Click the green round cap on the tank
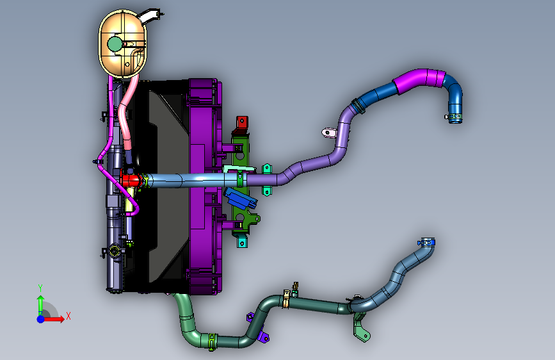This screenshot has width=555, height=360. [115, 44]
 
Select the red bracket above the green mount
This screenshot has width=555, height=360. [242, 122]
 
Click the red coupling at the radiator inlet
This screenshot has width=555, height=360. [131, 180]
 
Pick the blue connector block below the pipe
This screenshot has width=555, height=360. [240, 199]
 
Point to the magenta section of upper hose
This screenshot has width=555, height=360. [420, 80]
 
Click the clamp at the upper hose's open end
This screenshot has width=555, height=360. [454, 117]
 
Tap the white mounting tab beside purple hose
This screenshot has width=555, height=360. [329, 133]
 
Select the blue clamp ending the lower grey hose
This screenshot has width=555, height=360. [427, 242]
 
